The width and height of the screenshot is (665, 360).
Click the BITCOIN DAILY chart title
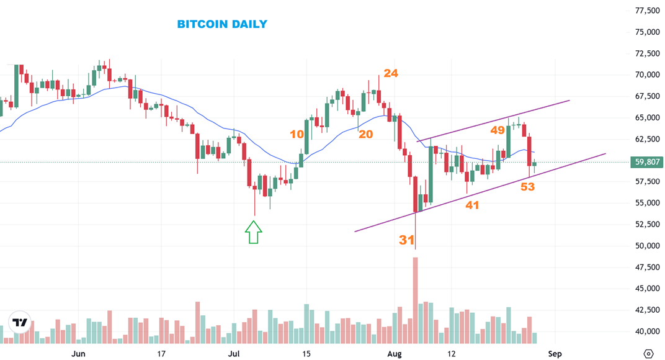222,24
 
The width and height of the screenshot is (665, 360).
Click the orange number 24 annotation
390,73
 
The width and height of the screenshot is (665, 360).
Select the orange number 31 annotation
406,240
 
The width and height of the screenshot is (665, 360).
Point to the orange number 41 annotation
472,205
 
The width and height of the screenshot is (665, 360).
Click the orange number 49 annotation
498,130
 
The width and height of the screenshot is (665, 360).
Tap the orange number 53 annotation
527,186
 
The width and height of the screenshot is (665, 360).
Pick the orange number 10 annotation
297,134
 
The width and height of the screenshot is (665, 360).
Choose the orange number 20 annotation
366,134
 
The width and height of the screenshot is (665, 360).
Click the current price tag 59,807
647,163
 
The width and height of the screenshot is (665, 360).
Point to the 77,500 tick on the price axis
647,11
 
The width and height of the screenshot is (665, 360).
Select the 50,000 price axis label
647,246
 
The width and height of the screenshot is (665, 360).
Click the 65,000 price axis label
647,118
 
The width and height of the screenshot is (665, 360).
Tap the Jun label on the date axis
78,354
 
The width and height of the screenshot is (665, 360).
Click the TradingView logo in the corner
20,322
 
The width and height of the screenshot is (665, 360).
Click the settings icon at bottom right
648,354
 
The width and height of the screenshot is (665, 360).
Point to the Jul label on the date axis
234,354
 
